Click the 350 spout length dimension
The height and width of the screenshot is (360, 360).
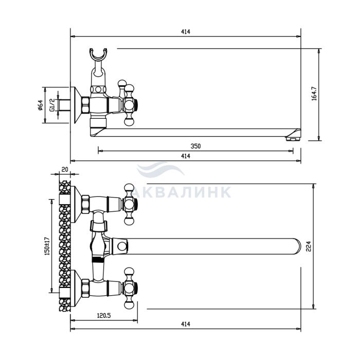pyautogui.click(x=195, y=146)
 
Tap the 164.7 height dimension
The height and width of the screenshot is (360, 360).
pyautogui.click(x=314, y=94)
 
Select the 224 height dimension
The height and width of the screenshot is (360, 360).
pyautogui.click(x=309, y=246)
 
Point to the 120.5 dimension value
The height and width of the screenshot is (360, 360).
pyautogui.click(x=103, y=316)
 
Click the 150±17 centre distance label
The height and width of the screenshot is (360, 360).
pyautogui.click(x=47, y=246)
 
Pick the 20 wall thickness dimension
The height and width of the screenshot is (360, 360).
pyautogui.click(x=65, y=169)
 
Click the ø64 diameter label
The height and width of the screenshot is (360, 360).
pyautogui.click(x=41, y=105)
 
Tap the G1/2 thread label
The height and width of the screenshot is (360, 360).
pyautogui.click(x=52, y=105)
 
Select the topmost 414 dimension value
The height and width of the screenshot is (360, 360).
pyautogui.click(x=186, y=32)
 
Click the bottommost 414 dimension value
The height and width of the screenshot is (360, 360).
pyautogui.click(x=186, y=324)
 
